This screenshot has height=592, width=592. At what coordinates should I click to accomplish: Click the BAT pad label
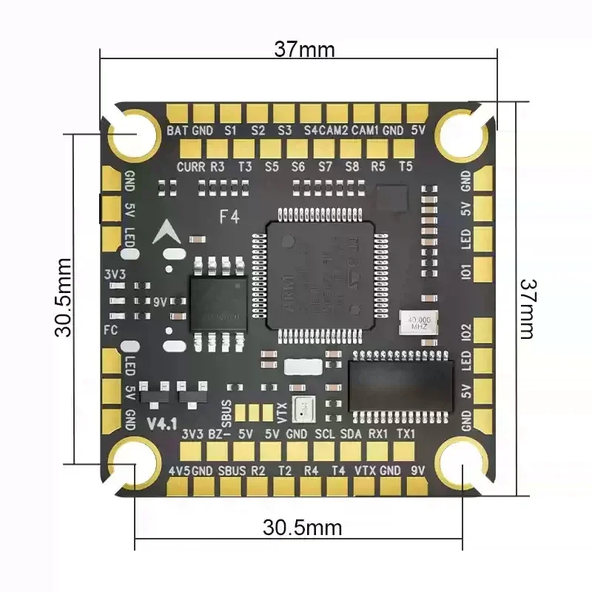pos(177,130)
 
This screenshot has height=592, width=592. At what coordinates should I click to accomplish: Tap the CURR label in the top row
pos(191,166)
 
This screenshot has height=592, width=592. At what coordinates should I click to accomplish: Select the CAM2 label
pos(334,130)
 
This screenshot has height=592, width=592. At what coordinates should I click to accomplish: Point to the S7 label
pos(325,166)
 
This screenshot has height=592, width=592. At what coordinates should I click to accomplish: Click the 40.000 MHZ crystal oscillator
pos(418,322)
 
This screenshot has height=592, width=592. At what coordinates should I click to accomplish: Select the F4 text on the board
pos(229,217)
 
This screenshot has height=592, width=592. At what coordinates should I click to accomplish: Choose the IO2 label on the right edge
pos(465,332)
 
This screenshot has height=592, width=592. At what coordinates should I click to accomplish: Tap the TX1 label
pos(406,434)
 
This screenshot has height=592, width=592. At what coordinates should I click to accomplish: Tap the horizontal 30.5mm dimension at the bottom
pos(303,528)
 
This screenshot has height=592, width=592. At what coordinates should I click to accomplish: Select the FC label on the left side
pos(112,329)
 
